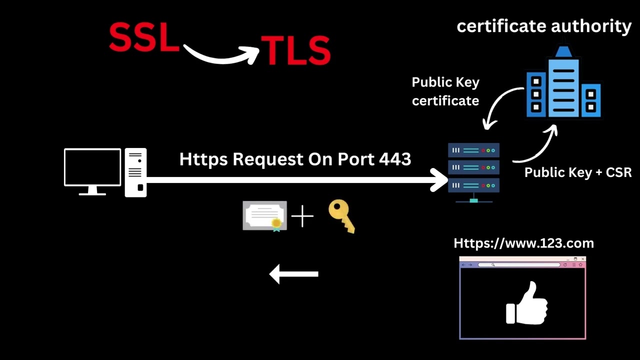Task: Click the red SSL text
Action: (x=144, y=37)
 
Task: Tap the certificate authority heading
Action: (x=544, y=26)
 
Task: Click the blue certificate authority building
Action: (x=563, y=85)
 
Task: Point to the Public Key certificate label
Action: (x=445, y=91)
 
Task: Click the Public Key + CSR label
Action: (x=578, y=172)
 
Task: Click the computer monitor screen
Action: (x=92, y=167)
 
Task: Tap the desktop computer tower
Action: (x=135, y=172)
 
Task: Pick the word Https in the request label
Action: (x=204, y=159)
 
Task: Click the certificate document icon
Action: (x=264, y=215)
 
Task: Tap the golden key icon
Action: (x=342, y=215)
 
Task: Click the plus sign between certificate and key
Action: (x=302, y=216)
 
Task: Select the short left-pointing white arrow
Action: (x=294, y=274)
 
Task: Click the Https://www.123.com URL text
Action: (x=523, y=243)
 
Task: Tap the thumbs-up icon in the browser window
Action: (x=527, y=303)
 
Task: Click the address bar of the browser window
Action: (x=518, y=264)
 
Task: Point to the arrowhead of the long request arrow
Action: (x=440, y=180)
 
